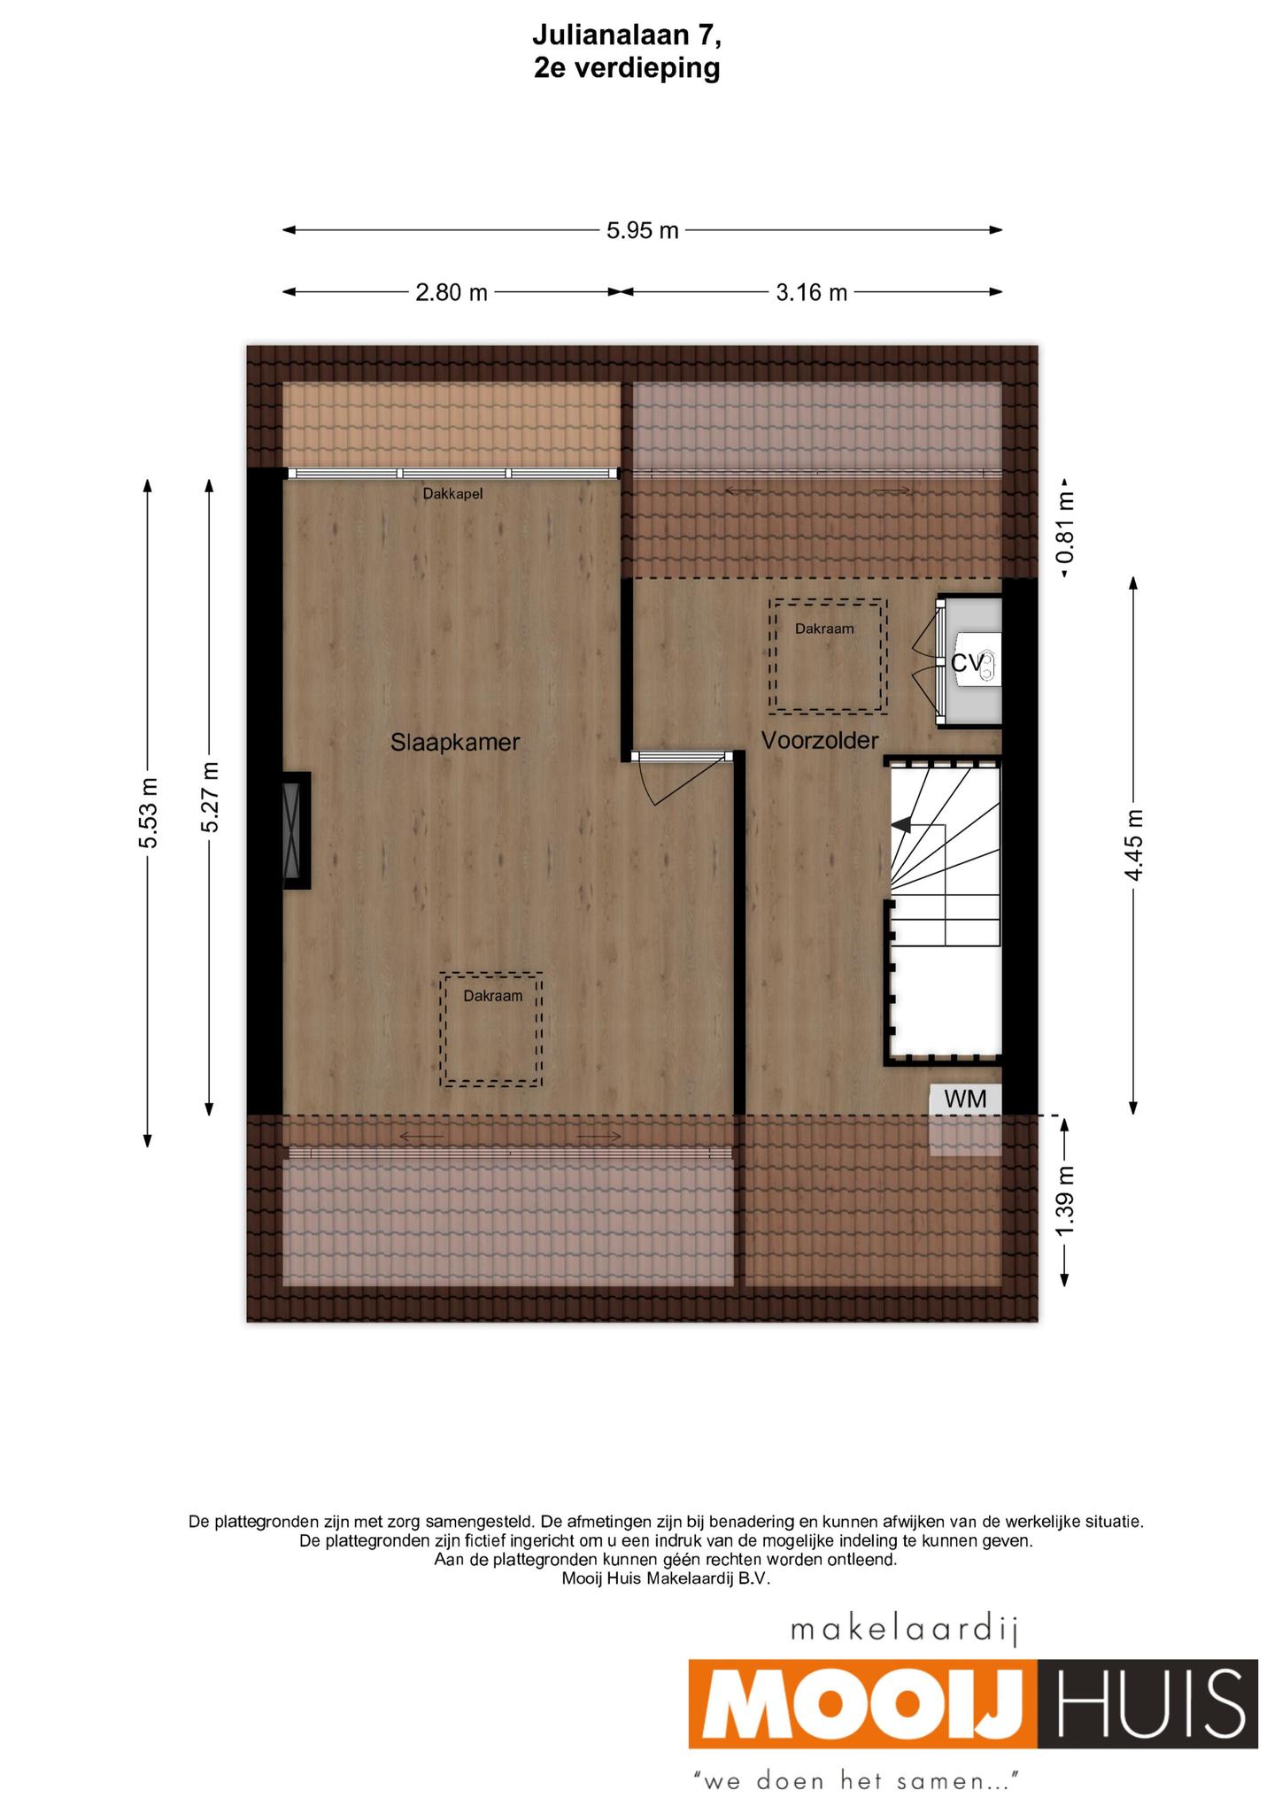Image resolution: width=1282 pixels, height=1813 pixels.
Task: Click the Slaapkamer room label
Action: [455, 743]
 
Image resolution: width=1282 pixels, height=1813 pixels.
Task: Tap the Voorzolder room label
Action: [820, 740]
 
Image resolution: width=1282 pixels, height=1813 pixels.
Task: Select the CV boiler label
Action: [967, 662]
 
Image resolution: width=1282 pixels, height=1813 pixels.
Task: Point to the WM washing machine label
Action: [965, 1099]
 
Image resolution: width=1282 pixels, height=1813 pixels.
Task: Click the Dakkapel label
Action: [452, 494]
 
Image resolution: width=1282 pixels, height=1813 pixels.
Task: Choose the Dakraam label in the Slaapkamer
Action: [493, 995]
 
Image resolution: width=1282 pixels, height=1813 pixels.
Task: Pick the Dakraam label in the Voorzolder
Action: [824, 629]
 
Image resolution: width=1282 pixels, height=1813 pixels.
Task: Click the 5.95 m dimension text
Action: [643, 230]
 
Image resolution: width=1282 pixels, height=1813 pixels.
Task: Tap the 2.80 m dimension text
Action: [452, 292]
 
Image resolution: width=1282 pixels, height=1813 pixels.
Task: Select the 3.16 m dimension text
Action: [812, 292]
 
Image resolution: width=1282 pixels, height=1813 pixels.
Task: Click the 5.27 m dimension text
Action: [210, 797]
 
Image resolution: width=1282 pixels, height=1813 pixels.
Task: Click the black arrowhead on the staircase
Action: [900, 824]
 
